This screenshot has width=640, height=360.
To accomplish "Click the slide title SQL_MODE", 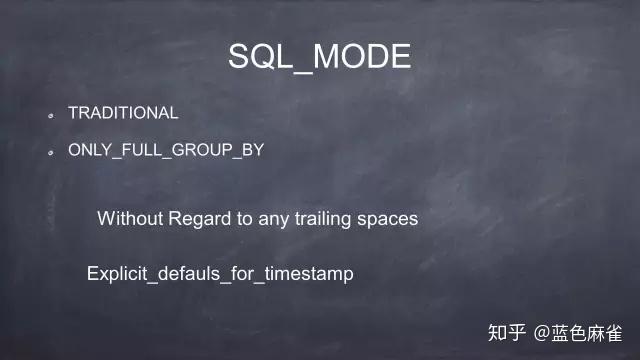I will (x=319, y=56).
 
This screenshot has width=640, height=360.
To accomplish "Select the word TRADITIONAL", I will (x=123, y=113).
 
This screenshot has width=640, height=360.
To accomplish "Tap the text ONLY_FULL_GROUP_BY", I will (x=165, y=150).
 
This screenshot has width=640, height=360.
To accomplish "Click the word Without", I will (x=129, y=218).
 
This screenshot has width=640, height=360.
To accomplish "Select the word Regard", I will (x=198, y=219).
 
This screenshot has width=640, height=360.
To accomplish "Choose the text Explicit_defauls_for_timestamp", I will (x=220, y=273).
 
